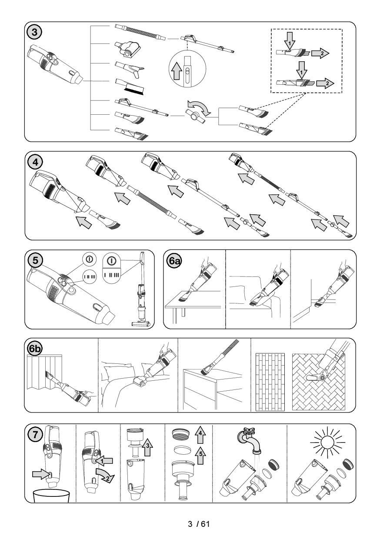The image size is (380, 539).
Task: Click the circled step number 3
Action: (x=34, y=32)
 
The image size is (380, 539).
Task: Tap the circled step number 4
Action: (x=35, y=162)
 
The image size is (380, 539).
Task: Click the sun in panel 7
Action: (x=327, y=442)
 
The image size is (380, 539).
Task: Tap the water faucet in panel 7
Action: (x=250, y=441)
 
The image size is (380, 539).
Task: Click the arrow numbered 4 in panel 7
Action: (x=200, y=435)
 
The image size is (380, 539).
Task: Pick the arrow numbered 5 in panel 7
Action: (x=200, y=456)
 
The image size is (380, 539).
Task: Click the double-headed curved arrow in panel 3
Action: (x=199, y=107)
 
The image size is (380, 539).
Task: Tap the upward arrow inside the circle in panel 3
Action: (x=177, y=71)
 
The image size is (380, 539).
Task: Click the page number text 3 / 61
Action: (x=199, y=524)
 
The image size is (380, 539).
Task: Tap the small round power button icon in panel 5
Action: (x=89, y=259)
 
